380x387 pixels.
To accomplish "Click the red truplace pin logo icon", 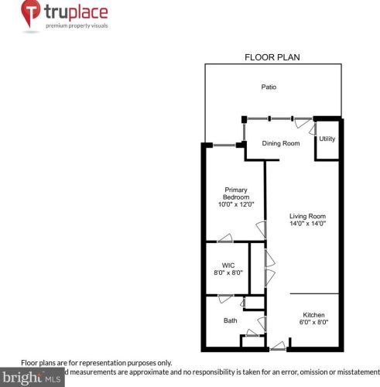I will pos(30,14).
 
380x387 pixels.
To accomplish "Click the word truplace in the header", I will pos(76,12).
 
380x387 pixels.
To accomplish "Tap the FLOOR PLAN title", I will pos(272,57).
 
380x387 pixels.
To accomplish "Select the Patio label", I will pos(269,87).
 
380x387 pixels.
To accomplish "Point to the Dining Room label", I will pos(280,143).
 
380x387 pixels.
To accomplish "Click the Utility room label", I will pos(327,139).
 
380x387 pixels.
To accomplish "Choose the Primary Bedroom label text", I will pos(236,193).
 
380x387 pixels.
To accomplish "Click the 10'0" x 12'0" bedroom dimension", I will pos(236,205).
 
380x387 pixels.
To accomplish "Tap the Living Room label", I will pos(307,216).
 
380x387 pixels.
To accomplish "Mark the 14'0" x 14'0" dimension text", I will pos(307,224).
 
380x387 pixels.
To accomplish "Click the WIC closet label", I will pos(228,265).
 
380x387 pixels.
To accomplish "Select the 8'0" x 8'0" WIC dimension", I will pos(228,273).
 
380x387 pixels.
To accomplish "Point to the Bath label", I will pos(231,320).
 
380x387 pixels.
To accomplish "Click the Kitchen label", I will pos(313,315).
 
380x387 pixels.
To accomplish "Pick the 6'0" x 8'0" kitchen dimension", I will pos(313,323).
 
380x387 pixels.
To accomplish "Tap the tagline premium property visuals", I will pos(77,26).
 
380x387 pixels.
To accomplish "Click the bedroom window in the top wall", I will pos(225,145).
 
